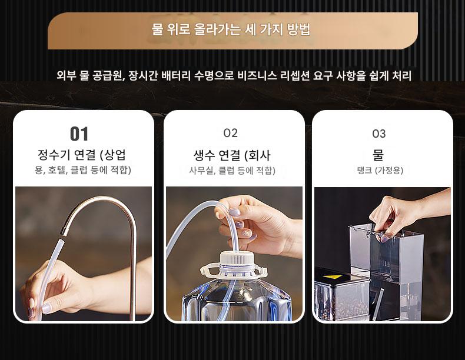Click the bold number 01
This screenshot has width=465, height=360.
point(79,134)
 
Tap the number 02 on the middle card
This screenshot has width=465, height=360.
point(230,133)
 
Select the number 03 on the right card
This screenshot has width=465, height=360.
point(378,134)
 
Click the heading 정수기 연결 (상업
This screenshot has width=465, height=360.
point(82,155)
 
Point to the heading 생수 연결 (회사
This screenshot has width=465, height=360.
point(232,155)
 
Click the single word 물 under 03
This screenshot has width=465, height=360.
point(378,155)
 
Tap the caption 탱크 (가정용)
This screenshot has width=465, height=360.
point(380,171)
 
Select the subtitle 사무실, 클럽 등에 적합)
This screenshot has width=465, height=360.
point(232,171)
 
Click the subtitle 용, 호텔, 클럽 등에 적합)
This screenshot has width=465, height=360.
point(83,170)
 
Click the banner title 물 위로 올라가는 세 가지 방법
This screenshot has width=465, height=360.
point(231,29)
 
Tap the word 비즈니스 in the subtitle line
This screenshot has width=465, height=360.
point(257,75)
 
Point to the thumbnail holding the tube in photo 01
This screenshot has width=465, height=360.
point(46,308)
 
